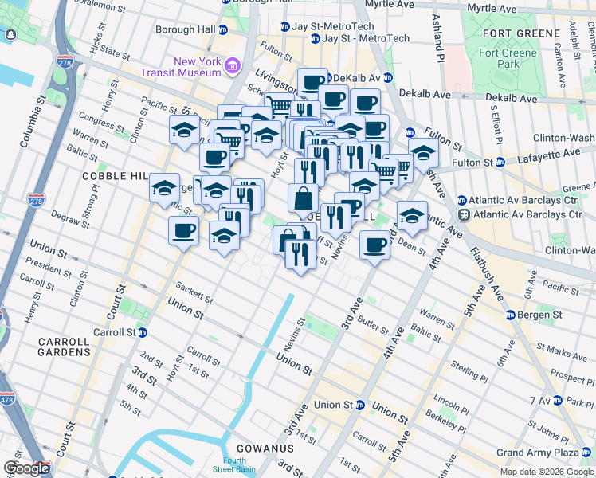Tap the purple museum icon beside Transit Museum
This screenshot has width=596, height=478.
233,65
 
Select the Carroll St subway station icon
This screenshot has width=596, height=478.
143,333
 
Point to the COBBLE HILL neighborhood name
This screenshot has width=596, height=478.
111,175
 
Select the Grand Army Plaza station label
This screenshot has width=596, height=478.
539,453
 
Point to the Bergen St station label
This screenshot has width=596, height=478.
543,316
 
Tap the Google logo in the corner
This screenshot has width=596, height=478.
26,468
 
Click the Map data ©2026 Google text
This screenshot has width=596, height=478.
546,472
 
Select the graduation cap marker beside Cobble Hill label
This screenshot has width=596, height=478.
164,188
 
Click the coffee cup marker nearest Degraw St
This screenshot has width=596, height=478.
183,231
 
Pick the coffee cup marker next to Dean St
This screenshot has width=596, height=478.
374,245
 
